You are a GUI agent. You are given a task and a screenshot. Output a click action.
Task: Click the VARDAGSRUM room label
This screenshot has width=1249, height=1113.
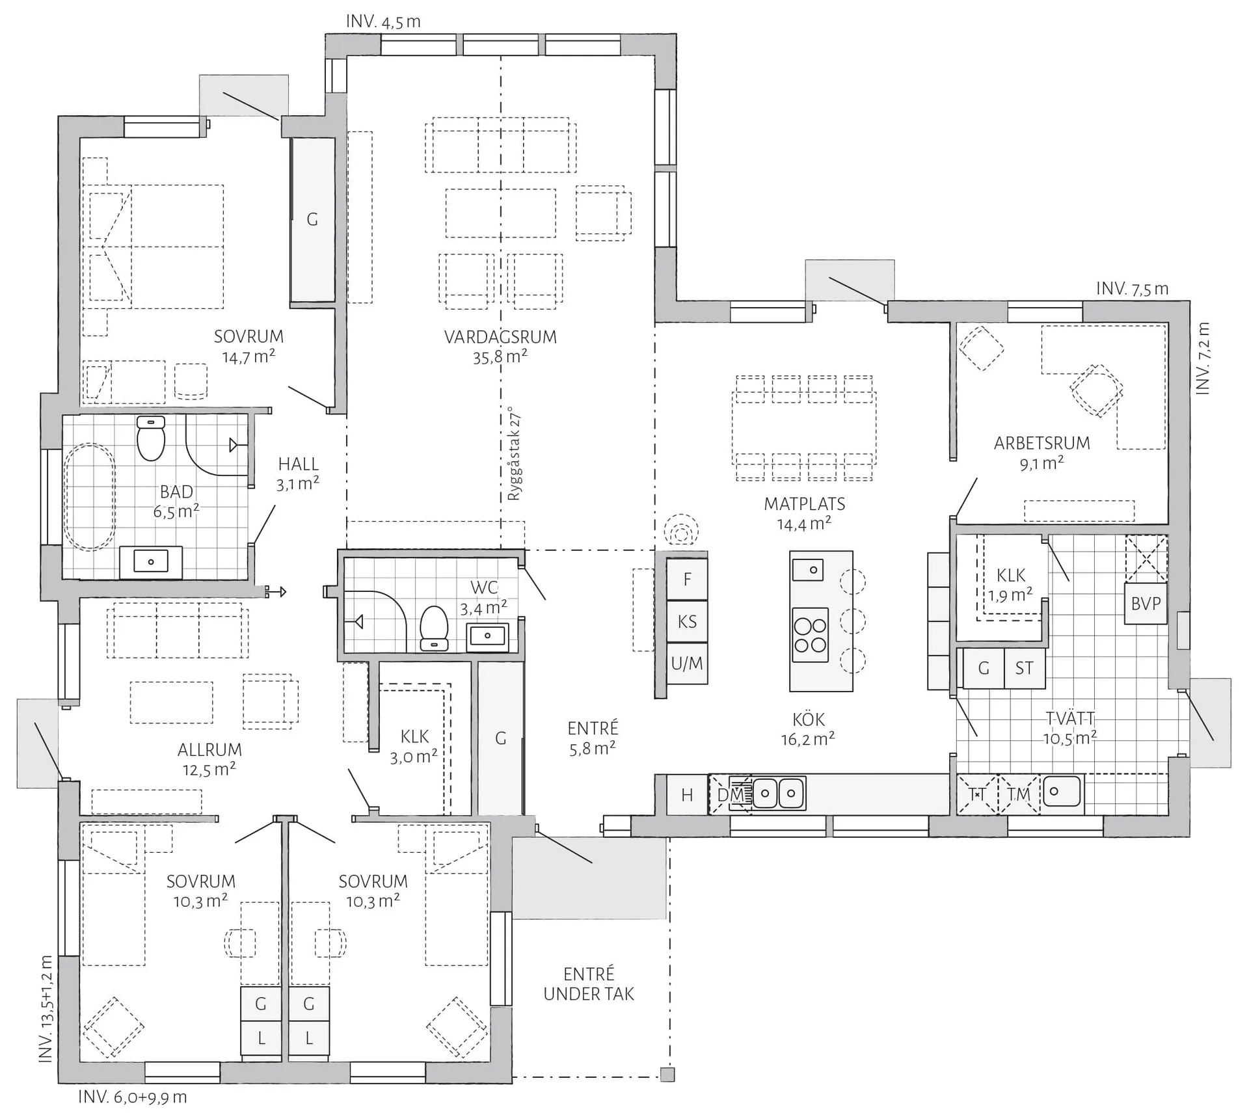500,337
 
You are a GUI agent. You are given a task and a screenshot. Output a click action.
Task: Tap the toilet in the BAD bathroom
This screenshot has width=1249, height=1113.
151,438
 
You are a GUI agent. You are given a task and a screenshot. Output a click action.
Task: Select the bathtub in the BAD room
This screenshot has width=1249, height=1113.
90,496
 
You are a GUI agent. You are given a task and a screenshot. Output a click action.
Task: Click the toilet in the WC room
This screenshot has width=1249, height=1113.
434,628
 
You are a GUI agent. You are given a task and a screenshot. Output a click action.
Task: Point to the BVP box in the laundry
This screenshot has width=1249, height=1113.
1146,604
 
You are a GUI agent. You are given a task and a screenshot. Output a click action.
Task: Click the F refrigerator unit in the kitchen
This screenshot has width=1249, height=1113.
687,579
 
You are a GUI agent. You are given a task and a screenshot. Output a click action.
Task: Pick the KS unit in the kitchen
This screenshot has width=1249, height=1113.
687,621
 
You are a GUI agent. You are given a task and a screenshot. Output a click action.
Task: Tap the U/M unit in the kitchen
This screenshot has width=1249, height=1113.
687,664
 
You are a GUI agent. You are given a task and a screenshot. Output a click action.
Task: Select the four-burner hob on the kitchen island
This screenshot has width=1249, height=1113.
810,635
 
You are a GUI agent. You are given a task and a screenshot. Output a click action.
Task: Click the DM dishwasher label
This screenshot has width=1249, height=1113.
730,794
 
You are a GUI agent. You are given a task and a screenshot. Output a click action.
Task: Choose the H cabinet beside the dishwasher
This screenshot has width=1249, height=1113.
687,794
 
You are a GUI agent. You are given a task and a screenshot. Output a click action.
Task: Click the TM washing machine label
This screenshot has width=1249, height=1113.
1019,794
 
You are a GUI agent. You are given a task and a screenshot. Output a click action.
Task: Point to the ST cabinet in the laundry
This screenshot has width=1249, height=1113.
1025,668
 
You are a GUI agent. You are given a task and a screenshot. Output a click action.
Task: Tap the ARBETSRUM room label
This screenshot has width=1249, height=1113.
1041,443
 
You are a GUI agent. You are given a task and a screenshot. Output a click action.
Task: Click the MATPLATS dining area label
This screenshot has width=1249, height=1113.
805,503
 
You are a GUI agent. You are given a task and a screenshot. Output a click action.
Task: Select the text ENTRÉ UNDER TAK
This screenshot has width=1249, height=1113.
589,984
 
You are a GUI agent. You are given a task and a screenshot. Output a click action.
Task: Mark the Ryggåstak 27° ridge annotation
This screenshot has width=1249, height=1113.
515,453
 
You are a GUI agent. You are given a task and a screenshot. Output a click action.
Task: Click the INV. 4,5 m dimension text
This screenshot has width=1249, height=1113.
383,21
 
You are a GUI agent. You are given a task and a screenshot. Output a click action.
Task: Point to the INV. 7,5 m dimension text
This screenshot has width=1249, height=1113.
1133,289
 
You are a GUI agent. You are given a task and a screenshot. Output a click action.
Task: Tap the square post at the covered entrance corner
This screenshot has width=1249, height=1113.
667,1074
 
